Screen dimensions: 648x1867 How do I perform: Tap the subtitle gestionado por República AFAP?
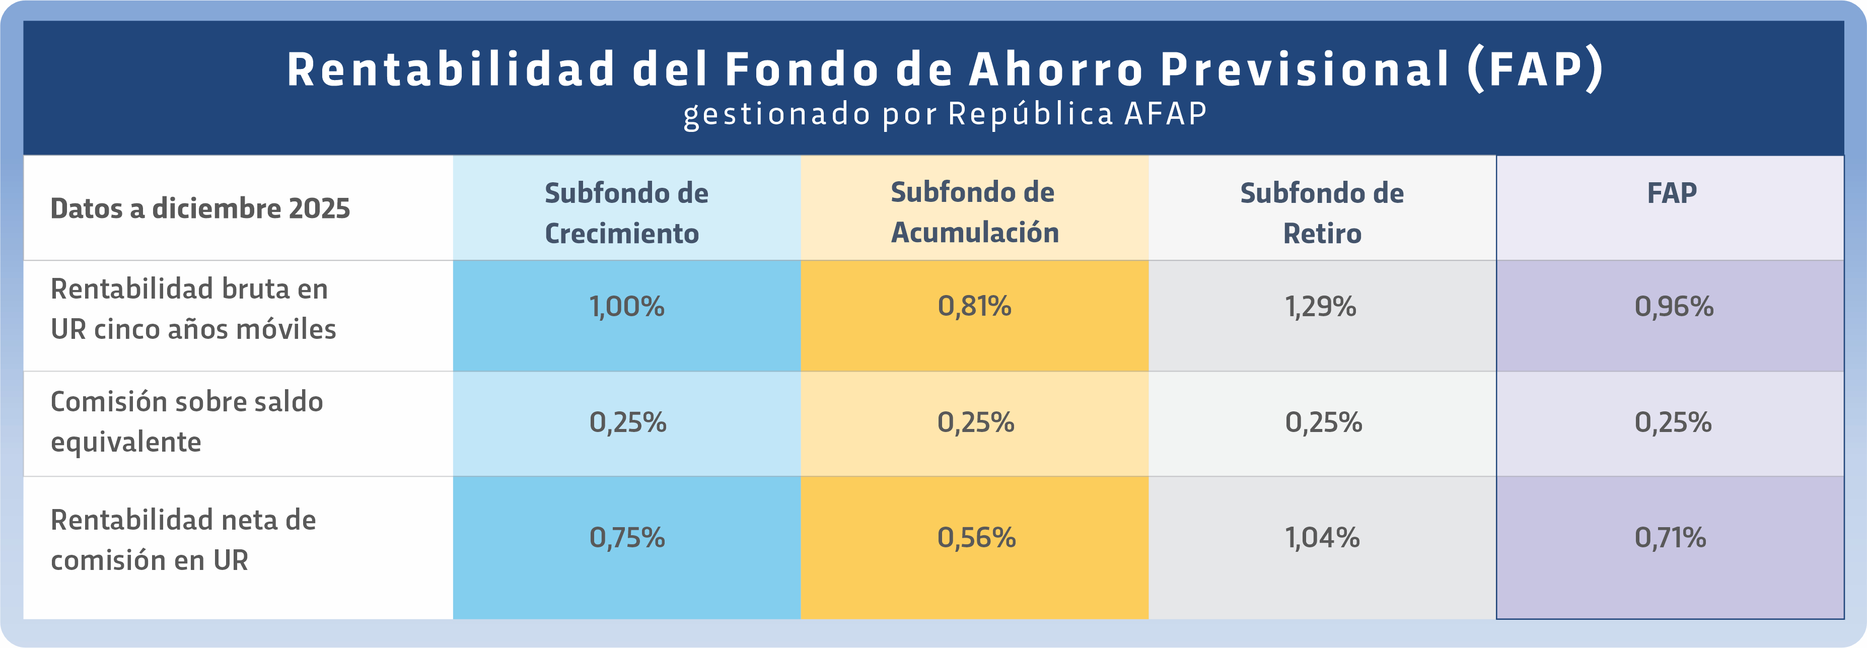point(945,114)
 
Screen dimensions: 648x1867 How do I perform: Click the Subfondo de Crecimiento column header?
point(626,213)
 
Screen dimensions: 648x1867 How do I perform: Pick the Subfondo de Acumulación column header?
point(974,212)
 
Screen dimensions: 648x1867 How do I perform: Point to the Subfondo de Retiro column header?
point(1322,213)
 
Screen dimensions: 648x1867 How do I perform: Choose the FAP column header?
point(1671,193)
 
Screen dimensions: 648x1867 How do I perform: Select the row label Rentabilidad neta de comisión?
point(183,540)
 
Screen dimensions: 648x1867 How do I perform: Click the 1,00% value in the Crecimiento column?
point(626,307)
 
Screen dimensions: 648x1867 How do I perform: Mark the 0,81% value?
point(974,307)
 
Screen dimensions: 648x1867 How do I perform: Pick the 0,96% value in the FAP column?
point(1674,307)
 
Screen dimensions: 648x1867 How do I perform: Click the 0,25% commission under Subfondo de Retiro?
point(1323,422)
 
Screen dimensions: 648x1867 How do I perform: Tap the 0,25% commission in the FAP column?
point(1673,422)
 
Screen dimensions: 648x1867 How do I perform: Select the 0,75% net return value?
point(627,538)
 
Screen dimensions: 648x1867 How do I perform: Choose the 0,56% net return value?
point(976,538)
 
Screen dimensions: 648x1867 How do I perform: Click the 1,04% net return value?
point(1322,538)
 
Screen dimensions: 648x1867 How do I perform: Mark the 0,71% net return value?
point(1670,538)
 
